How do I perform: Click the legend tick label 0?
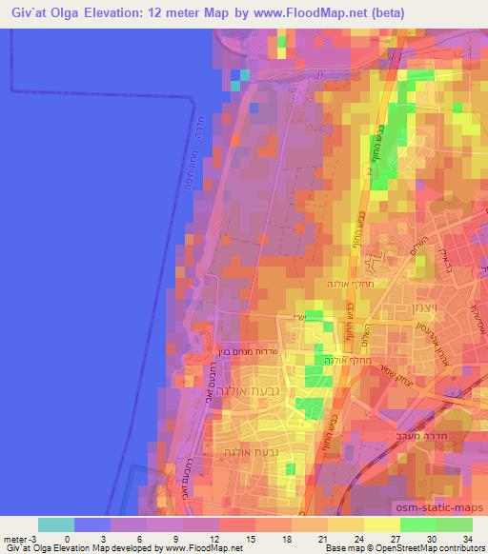click(67, 539)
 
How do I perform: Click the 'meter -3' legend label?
click(21, 539)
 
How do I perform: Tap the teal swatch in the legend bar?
click(56, 524)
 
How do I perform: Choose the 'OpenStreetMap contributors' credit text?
click(420, 549)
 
